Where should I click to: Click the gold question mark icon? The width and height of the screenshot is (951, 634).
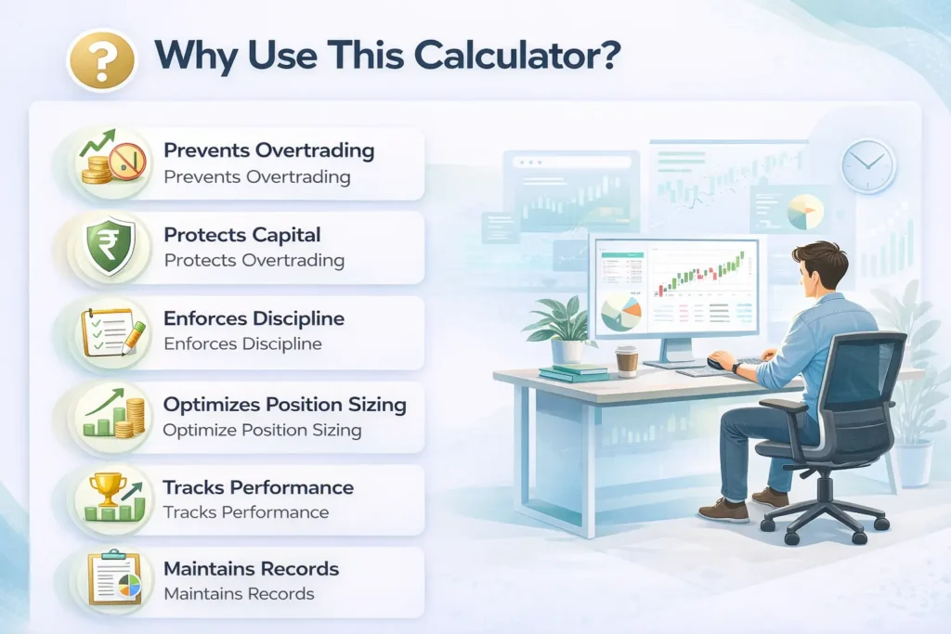tap(102, 61)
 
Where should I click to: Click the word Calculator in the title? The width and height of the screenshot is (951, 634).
tap(516, 55)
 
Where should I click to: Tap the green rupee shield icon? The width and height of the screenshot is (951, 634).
tap(110, 247)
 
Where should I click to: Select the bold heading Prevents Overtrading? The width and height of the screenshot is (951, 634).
tap(268, 150)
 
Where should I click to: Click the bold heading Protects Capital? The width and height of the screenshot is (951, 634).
tap(242, 235)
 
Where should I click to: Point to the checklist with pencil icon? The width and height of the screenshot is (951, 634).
tap(113, 332)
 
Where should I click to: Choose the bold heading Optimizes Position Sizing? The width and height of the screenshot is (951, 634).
tap(284, 405)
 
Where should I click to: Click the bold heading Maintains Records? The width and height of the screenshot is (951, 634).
tap(251, 568)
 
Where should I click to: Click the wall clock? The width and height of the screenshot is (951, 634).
tap(868, 166)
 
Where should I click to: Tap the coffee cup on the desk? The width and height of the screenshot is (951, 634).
tap(627, 361)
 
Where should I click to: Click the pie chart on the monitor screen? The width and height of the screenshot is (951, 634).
tap(620, 312)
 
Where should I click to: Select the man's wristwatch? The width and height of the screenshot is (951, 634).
tap(736, 368)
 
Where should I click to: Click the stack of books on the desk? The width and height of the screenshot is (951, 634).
tap(573, 372)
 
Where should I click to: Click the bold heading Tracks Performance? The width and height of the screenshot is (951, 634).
tap(258, 487)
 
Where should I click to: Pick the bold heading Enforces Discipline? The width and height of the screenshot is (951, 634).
tap(254, 318)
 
